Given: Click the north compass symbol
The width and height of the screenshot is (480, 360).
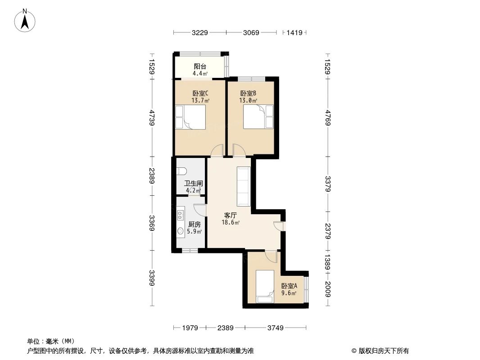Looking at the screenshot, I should [26, 20].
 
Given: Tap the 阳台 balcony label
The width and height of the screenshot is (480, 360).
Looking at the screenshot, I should [200, 66].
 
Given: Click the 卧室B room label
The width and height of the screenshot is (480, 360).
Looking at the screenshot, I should [248, 94].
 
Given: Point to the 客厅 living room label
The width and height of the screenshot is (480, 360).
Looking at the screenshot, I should [231, 215].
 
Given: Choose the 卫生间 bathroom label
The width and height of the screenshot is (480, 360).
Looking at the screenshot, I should [194, 184].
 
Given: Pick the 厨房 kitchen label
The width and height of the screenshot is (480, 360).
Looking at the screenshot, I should [194, 225].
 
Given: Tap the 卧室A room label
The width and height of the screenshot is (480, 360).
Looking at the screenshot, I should [289, 286].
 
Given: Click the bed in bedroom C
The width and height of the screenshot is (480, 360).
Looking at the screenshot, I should [190, 117].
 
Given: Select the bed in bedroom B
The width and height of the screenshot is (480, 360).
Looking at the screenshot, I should [258, 117].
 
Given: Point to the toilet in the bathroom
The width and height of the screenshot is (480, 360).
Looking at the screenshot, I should [181, 171].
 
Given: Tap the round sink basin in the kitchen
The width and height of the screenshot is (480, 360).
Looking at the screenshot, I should [181, 231].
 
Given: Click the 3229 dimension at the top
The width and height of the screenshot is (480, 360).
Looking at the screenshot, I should [200, 33].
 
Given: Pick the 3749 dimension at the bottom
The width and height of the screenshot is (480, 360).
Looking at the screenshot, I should [275, 328].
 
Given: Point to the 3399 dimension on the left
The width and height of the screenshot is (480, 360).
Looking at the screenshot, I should [153, 278].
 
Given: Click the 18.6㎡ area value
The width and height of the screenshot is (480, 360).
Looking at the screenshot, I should [231, 222].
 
